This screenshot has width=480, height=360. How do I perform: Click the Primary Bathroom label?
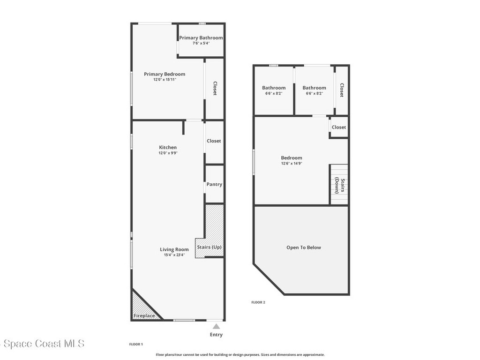click(x=201, y=38)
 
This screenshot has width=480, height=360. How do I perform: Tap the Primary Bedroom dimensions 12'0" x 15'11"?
click(x=165, y=80)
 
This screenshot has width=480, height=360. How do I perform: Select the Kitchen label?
click(x=168, y=147)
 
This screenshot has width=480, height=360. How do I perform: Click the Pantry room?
click(x=214, y=184)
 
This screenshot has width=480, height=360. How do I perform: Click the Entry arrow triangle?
click(x=216, y=326)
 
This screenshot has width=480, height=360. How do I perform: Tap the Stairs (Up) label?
click(x=209, y=247)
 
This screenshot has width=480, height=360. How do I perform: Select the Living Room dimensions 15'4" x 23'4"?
click(x=174, y=255)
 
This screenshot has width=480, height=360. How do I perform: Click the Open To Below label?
click(x=304, y=247)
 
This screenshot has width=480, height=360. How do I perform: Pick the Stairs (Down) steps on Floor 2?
click(x=339, y=184)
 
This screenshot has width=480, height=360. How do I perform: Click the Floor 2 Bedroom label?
click(x=292, y=158)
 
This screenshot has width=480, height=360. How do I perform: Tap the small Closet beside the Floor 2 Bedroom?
click(x=339, y=127)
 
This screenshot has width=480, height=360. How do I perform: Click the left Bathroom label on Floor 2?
click(x=274, y=88)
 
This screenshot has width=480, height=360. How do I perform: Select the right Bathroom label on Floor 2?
click(x=314, y=88)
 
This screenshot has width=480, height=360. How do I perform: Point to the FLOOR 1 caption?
click(x=136, y=344)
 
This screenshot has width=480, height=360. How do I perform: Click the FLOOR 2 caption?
click(x=258, y=302)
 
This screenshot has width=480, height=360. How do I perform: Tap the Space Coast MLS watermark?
click(x=42, y=344)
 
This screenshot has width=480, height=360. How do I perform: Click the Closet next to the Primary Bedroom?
click(x=215, y=89)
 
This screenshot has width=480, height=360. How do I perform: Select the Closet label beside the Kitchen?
click(x=214, y=141)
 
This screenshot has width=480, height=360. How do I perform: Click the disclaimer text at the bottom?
click(x=240, y=355)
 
